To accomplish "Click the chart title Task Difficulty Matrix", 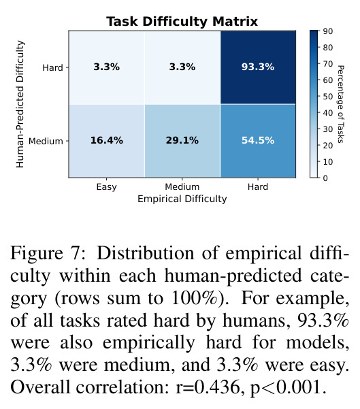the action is coord(182,21).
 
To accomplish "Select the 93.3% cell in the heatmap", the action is coord(258,67).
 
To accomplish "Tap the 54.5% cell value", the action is coord(258,141).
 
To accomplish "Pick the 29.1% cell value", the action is coord(182,141).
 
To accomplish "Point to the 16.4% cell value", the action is coord(106,141).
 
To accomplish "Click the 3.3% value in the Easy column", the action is coord(106,67).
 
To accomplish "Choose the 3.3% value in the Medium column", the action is coord(182,67).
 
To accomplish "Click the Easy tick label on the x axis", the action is coord(106,187).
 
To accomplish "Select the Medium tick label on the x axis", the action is coord(182,186).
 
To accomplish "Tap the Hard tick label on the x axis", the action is coord(258,186).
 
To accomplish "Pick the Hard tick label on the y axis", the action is coord(52,67).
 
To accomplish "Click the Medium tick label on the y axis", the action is coord(46,141).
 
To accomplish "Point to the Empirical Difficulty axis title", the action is coord(182,199).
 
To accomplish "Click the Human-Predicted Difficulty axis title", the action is coord(20,104).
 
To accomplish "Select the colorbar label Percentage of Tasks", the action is coord(341,104).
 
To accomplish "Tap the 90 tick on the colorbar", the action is coord(328,31).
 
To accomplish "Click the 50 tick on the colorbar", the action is coord(328,97).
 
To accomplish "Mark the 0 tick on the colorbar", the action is coord(325,178).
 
